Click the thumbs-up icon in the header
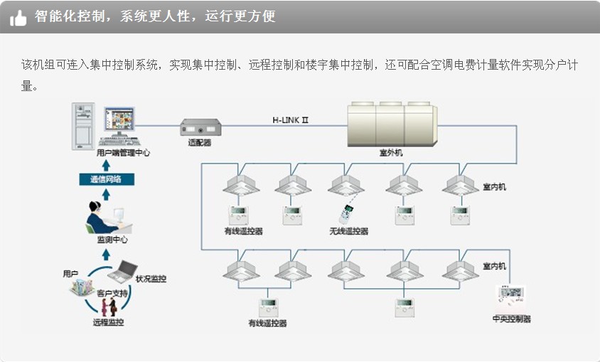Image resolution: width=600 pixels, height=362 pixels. point(18,17)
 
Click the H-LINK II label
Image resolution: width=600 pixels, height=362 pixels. point(290,120)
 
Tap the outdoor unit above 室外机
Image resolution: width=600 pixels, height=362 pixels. point(392,125)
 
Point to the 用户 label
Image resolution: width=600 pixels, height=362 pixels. point(70,274)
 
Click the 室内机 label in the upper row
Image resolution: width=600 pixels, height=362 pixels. point(494,186)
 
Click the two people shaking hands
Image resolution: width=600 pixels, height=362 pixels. point(108,306)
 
